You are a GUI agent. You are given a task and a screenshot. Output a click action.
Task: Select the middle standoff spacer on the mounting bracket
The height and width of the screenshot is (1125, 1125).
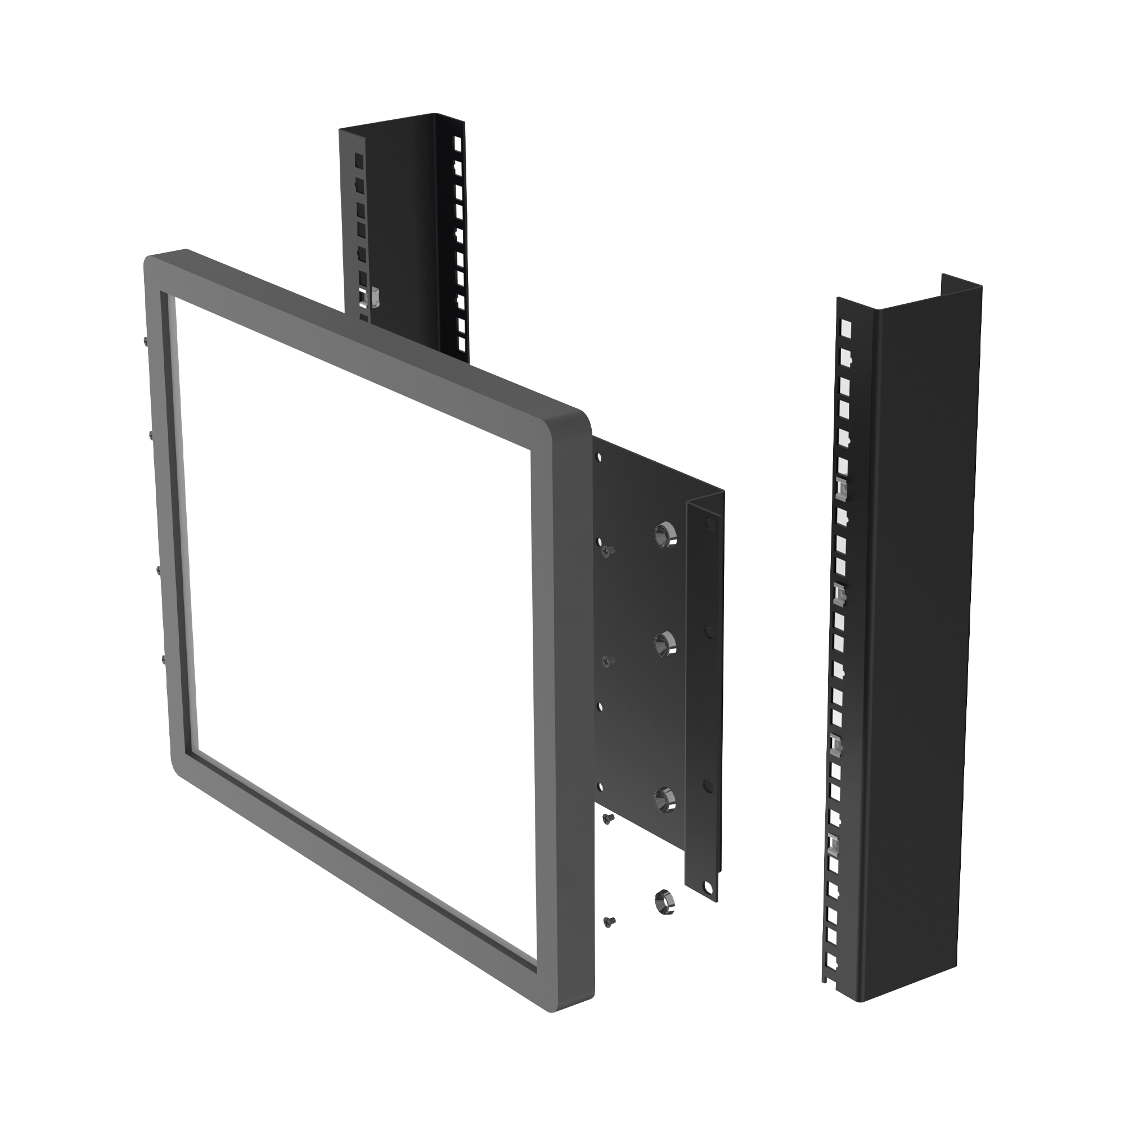(664, 645)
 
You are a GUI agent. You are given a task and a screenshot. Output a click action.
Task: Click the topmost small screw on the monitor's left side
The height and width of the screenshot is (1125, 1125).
(145, 341)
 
